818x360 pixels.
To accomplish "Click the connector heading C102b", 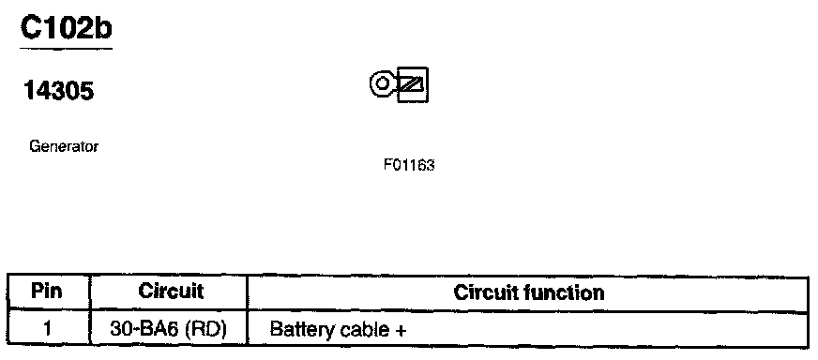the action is pyautogui.click(x=67, y=27).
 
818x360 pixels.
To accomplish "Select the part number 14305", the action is pyautogui.click(x=59, y=91).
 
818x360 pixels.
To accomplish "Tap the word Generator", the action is pyautogui.click(x=64, y=146).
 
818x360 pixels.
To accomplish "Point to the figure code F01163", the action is pyautogui.click(x=409, y=166).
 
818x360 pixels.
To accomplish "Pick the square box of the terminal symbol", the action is pyautogui.click(x=413, y=84).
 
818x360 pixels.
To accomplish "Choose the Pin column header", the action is pyautogui.click(x=47, y=292).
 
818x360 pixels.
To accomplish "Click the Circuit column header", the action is pyautogui.click(x=171, y=292).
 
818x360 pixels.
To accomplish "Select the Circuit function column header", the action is pyautogui.click(x=529, y=292).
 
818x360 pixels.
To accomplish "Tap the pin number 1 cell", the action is pyautogui.click(x=48, y=329).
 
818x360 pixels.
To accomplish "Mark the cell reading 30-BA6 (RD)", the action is pyautogui.click(x=168, y=329).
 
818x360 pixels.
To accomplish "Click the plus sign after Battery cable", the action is pyautogui.click(x=400, y=331).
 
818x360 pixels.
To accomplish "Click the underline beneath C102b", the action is pyautogui.click(x=67, y=49).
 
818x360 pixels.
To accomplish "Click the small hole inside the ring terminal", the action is pyautogui.click(x=383, y=83).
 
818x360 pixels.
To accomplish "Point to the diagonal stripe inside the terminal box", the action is pyautogui.click(x=413, y=83).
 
